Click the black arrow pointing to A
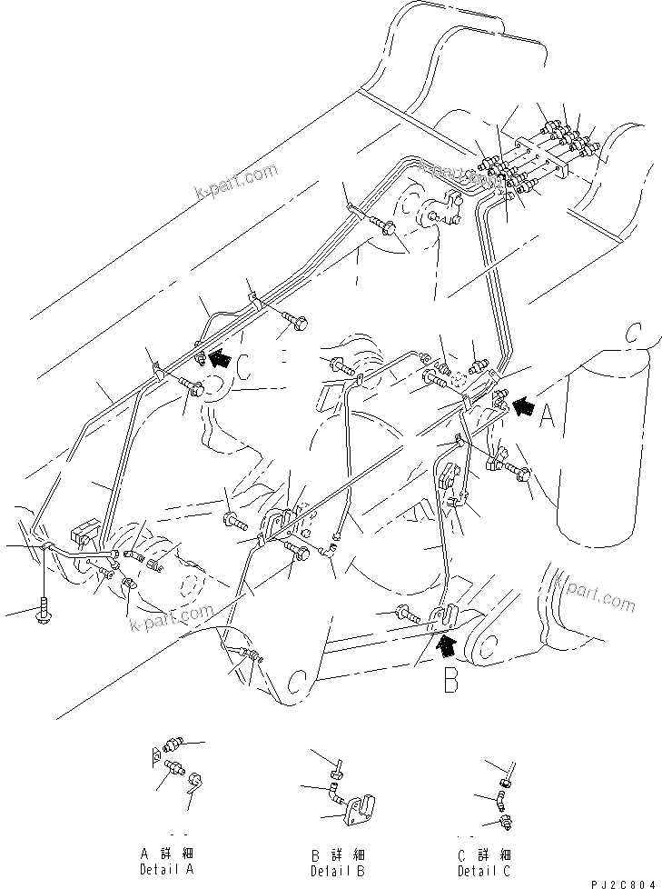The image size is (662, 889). [524, 407]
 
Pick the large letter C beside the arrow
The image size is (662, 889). [242, 366]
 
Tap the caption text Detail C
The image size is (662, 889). [483, 871]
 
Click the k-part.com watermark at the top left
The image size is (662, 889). [235, 183]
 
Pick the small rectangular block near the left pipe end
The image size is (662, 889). [85, 526]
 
